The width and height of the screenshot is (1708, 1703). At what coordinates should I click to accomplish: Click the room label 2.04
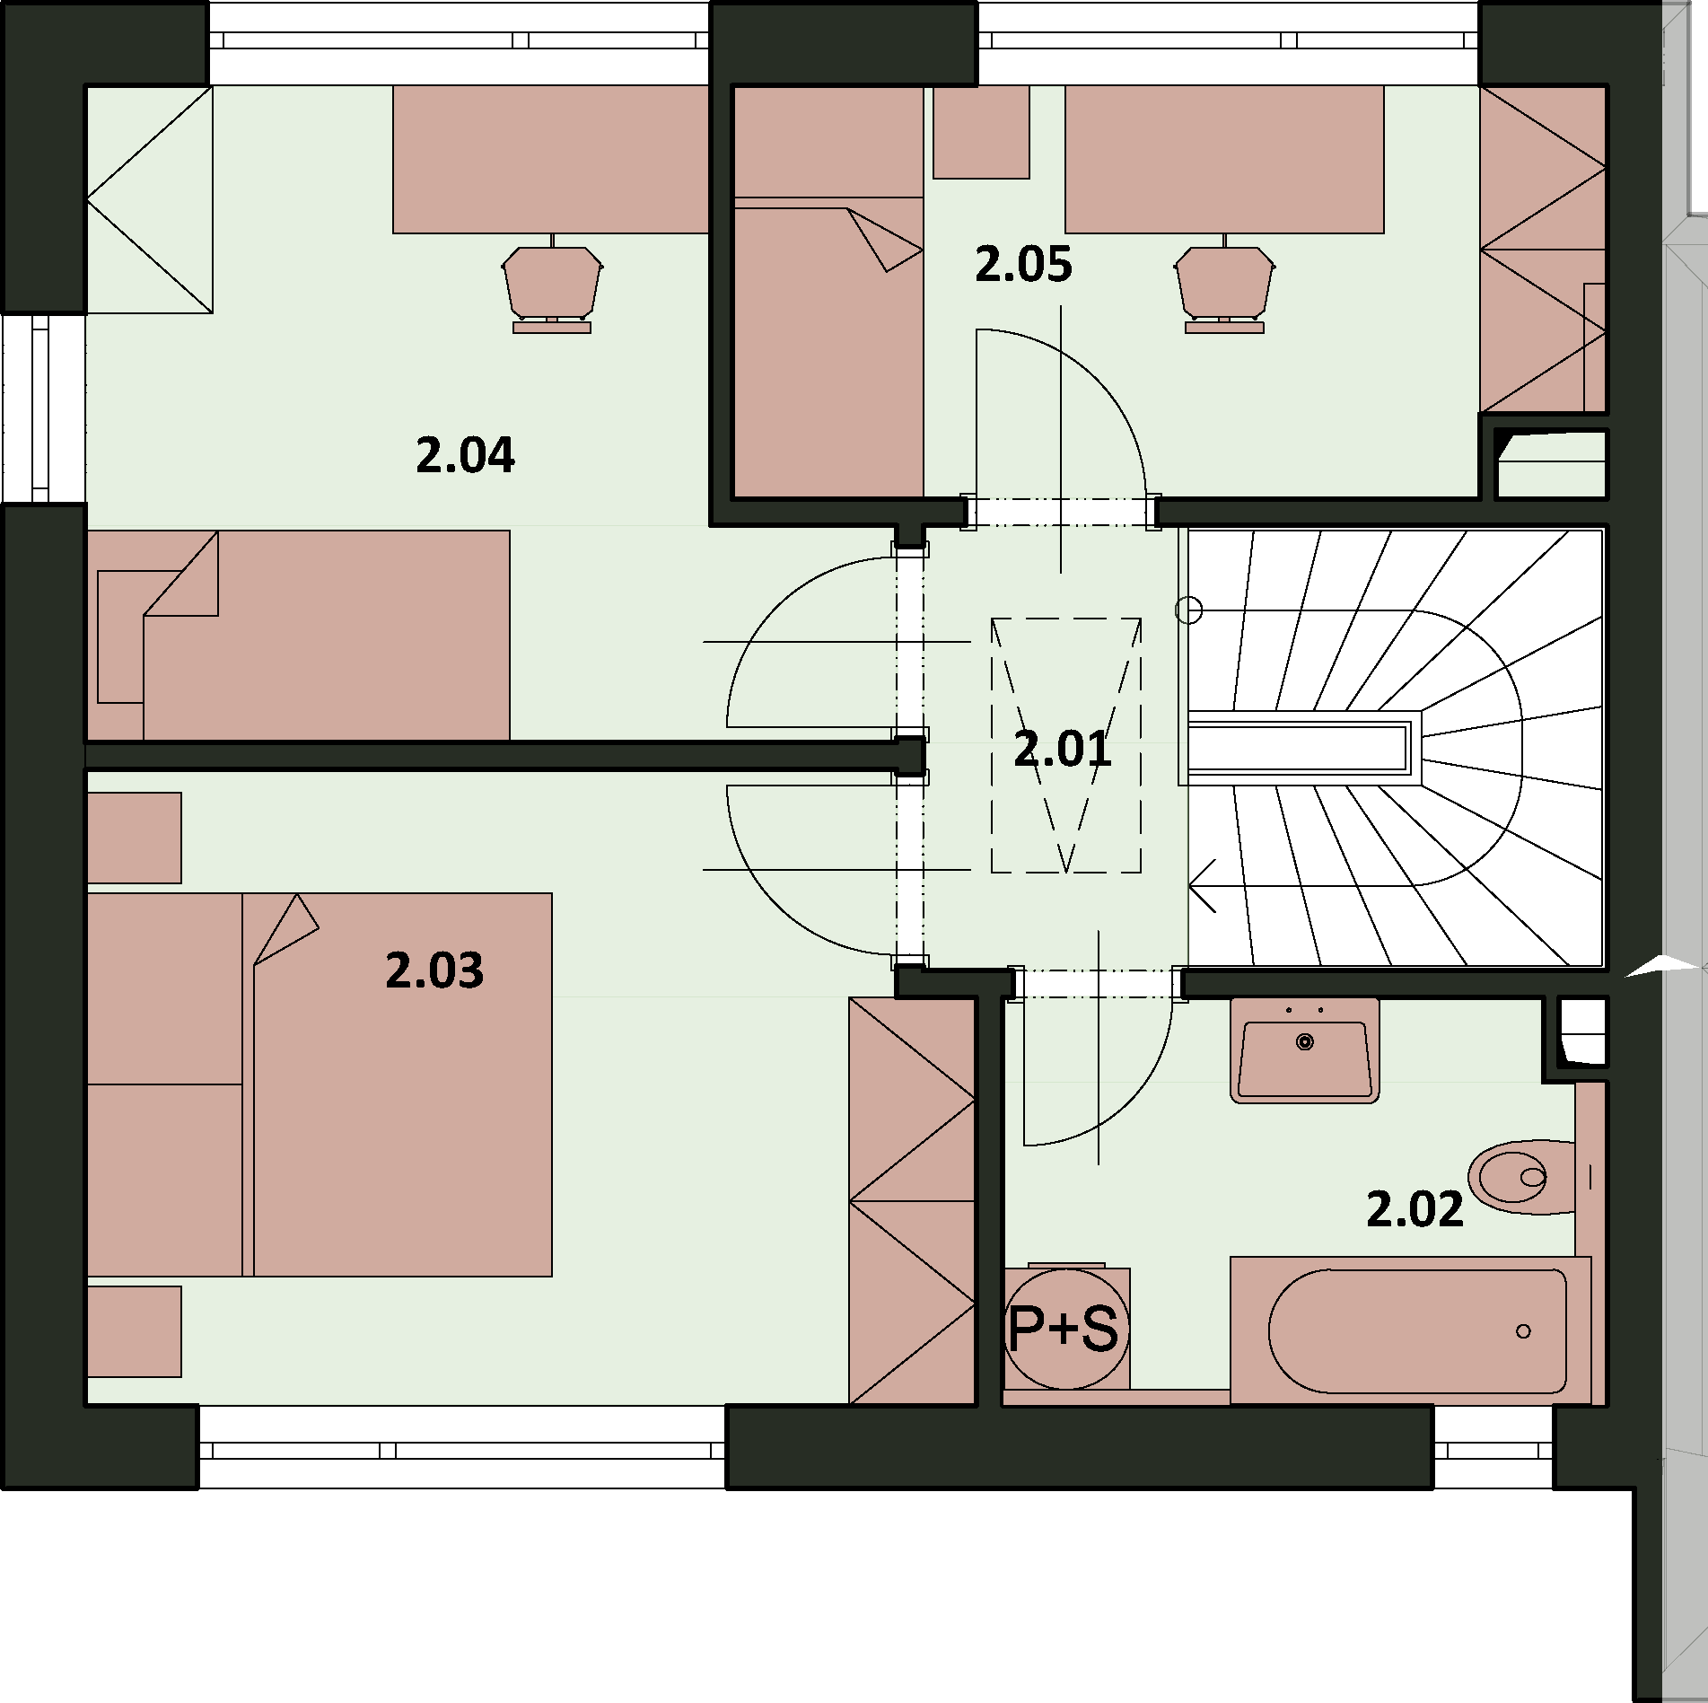[x=465, y=455]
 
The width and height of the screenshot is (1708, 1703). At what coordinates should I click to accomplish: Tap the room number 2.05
[x=1023, y=265]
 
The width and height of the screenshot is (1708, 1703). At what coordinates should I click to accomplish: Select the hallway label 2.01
[x=1063, y=749]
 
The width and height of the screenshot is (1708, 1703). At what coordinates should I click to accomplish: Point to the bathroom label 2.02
[x=1415, y=1208]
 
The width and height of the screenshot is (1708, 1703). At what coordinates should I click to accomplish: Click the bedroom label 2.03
[x=434, y=970]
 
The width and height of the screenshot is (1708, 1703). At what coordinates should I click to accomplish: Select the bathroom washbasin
[x=1305, y=1049]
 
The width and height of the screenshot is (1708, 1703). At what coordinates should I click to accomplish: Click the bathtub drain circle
[x=1523, y=1330]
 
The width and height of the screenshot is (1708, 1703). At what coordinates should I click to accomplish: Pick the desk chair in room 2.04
[x=551, y=285]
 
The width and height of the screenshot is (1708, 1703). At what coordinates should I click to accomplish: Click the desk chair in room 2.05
[x=1224, y=285]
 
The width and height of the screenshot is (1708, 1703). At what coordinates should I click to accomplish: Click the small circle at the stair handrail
[x=1188, y=610]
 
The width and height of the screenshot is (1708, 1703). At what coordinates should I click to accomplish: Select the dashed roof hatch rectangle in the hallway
[x=1066, y=745]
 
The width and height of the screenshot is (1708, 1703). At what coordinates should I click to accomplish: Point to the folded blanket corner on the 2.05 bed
[x=885, y=239]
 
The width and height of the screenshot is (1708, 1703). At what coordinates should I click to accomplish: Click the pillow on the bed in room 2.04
[x=120, y=636]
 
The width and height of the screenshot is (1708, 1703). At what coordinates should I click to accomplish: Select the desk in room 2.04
[x=551, y=160]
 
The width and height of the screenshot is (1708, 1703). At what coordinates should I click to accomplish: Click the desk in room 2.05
[x=1224, y=160]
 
